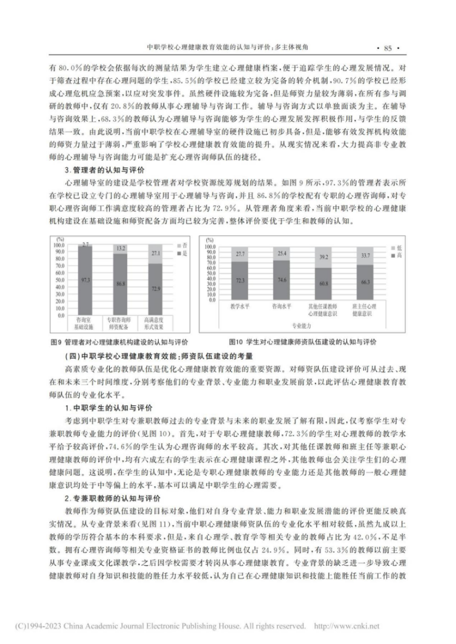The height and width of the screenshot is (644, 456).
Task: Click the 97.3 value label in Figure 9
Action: (85, 280)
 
